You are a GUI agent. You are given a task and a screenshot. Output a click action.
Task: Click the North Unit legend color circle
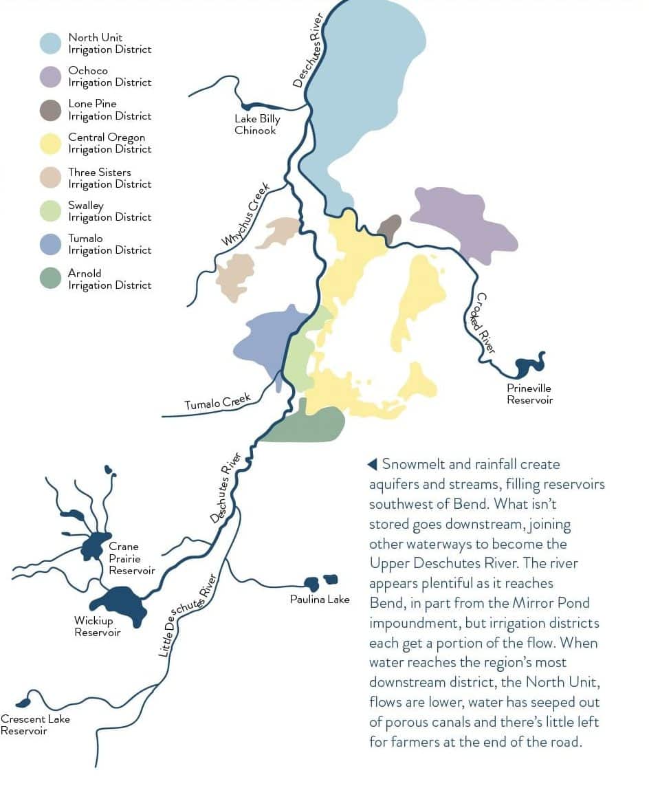coord(51,43)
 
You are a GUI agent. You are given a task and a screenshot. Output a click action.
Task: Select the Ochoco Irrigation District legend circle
coord(51,76)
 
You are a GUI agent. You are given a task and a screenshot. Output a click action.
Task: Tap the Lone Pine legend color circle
coord(51,110)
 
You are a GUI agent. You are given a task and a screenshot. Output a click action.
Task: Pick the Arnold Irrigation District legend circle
coord(51,278)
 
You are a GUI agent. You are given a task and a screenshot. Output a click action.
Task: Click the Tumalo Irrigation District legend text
coord(109,244)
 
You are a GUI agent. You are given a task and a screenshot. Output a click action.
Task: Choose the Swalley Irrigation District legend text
coord(109,211)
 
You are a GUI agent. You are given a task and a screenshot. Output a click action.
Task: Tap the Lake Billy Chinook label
coord(257,124)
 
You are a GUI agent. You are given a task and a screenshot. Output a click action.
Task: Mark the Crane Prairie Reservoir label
coord(131,558)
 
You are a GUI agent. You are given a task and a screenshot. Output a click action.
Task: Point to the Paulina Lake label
coord(320,600)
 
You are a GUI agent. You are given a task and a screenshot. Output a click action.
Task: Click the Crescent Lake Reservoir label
coord(34,725)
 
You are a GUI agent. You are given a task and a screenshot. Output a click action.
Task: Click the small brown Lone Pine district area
coord(390,228)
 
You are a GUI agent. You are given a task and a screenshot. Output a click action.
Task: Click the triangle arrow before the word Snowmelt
coord(373,464)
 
